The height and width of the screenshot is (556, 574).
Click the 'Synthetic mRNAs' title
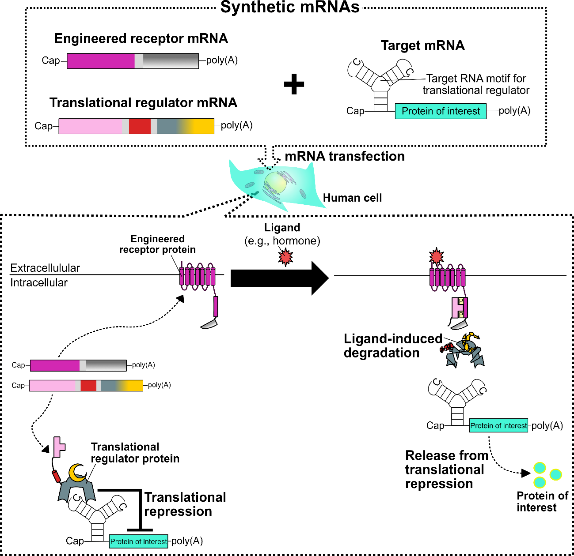click(290, 8)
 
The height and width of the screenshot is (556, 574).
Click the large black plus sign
click(294, 84)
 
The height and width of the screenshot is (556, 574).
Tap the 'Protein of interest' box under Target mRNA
click(441, 111)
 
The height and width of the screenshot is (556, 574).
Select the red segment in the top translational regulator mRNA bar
click(140, 126)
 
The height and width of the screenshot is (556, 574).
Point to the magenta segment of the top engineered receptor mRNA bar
click(101, 61)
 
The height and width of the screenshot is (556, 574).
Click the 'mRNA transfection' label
click(345, 156)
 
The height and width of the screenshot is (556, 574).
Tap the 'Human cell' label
click(352, 198)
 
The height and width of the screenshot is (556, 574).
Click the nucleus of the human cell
click(275, 182)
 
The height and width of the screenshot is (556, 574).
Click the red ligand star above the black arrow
click(285, 256)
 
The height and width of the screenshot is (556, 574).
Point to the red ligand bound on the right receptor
click(437, 256)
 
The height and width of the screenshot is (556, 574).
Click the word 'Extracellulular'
click(45, 268)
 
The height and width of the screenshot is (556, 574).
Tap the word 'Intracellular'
click(39, 282)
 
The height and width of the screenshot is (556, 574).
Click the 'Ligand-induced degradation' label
click(392, 346)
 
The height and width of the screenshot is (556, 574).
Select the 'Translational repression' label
click(185, 504)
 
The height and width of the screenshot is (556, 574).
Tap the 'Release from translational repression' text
click(446, 470)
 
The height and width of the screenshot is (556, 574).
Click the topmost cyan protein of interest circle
click(540, 467)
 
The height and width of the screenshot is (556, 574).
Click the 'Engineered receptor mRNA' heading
click(141, 38)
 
